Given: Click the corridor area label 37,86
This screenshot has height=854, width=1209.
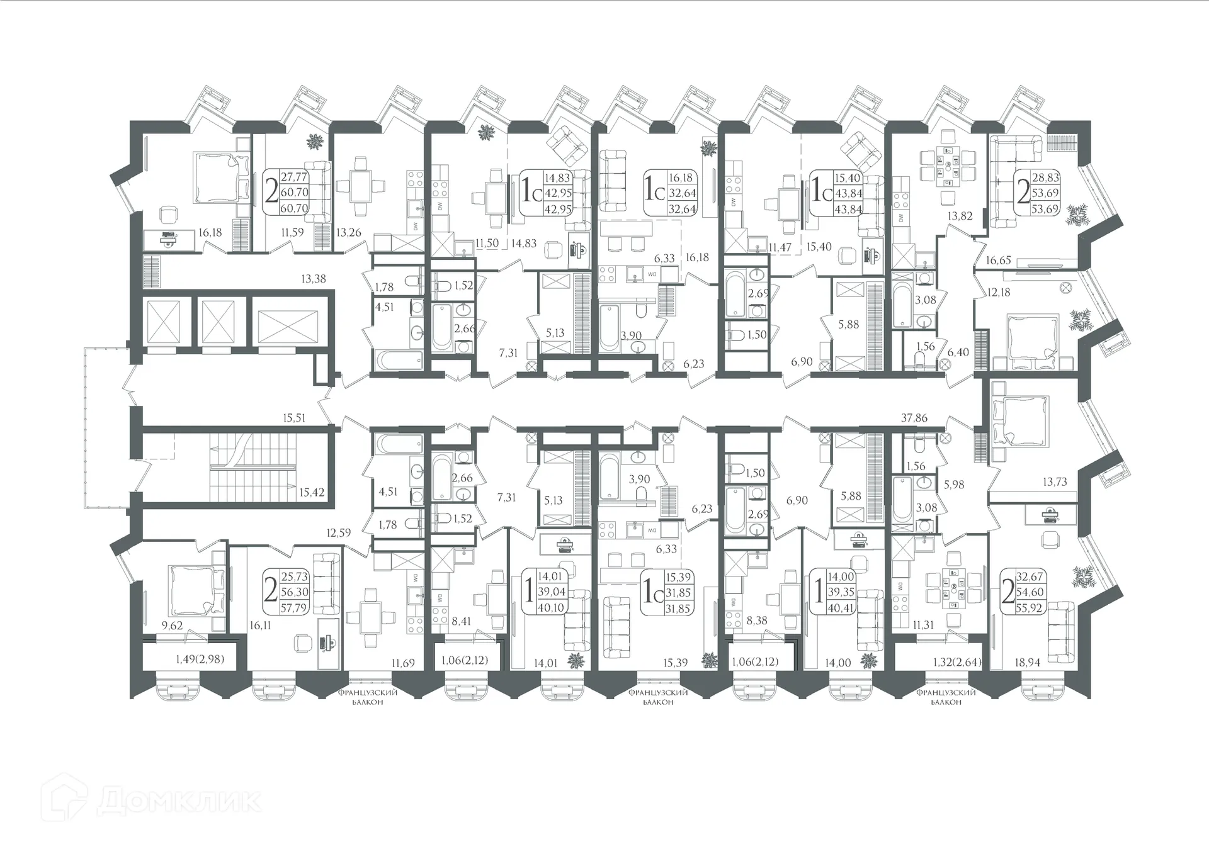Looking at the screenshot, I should point(914,418).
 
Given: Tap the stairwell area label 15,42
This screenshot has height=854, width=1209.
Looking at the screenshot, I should point(312,492).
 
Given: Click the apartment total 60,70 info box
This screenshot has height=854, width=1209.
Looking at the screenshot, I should point(287,193).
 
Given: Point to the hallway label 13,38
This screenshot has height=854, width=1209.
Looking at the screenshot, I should point(313,278).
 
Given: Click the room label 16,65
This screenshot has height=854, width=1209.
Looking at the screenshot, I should point(999,259).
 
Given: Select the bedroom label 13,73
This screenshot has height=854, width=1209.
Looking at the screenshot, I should point(1055,481).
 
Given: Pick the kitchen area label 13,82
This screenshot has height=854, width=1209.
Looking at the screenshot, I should point(960,216).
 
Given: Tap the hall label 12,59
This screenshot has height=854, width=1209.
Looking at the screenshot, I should point(339,532).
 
